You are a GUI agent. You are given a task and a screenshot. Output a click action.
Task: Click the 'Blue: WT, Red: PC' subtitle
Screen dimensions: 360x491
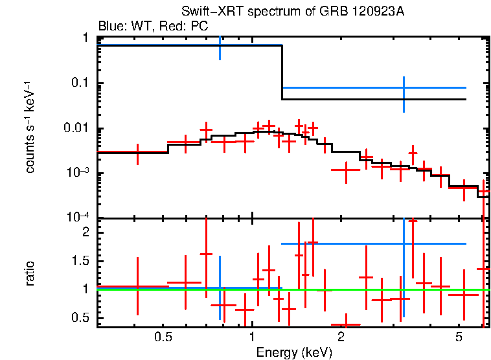pos(153,27)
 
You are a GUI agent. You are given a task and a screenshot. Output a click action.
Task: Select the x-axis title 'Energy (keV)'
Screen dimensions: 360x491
pos(294,352)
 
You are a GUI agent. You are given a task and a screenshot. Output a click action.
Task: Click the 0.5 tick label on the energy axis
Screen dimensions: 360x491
pos(163,338)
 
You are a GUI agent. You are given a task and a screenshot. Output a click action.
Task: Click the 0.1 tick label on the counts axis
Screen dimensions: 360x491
pos(80,84)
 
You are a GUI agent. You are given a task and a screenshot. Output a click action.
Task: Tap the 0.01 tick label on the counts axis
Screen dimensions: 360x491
pos(77,129)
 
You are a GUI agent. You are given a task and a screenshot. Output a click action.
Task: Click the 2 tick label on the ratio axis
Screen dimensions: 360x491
pos(85,232)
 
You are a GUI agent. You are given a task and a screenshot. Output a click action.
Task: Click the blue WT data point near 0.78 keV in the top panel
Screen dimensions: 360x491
pos(220,45)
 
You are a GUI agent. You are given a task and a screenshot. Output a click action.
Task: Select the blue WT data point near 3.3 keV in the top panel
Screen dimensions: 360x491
pos(404,87)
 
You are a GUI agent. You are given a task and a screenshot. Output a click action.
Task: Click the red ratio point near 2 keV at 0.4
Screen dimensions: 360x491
pos(345,324)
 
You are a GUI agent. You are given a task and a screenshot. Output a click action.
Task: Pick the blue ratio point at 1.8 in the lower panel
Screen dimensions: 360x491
pos(404,243)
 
